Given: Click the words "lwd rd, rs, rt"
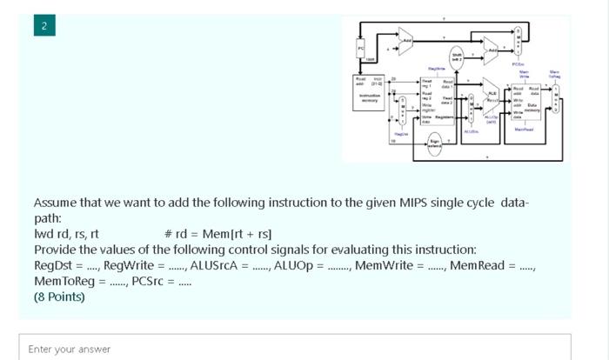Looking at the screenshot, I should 66,234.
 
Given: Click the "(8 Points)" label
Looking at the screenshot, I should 59,297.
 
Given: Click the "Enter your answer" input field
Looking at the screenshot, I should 295,349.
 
